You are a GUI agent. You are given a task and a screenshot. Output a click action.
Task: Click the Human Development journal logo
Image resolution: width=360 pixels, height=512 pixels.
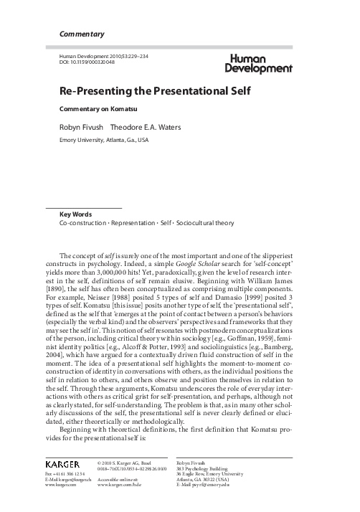click(261, 64)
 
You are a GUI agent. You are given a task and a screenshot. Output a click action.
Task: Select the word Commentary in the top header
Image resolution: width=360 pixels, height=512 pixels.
click(82, 34)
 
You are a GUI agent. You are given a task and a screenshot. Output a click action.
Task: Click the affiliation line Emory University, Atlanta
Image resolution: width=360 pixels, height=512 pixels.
click(105, 140)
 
